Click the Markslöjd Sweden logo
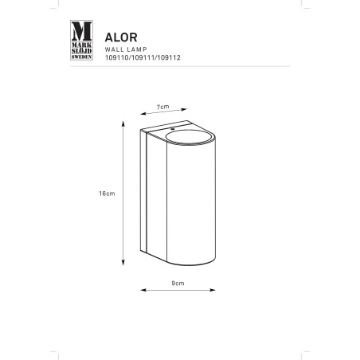coord(81,40)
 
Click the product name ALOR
coord(121,37)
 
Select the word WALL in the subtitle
coord(115,49)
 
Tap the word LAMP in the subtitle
coord(137,49)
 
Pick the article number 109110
coord(116,57)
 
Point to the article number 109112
coord(169,57)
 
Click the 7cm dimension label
coord(162,107)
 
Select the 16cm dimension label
coord(107,194)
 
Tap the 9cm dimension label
coord(178,284)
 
